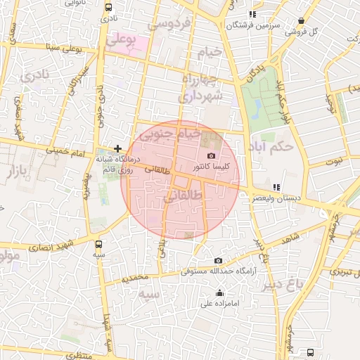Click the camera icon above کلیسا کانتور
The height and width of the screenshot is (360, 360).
click(x=212, y=156)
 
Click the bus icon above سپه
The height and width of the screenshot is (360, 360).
click(x=99, y=244)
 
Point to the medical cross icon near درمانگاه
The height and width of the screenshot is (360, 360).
click(x=117, y=148)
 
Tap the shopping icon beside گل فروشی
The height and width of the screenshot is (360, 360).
click(x=302, y=21)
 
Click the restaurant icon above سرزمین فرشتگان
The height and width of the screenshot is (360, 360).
click(x=252, y=14)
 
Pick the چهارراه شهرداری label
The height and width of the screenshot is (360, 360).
click(x=202, y=86)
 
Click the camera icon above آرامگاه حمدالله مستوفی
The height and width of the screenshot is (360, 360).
click(x=217, y=260)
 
